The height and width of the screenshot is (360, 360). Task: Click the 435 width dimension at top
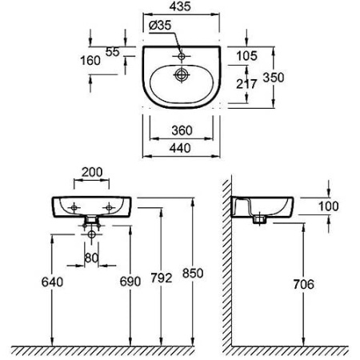tap(180, 6)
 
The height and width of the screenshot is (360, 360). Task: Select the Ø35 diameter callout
tap(160, 26)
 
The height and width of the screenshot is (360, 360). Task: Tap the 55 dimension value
tap(113, 52)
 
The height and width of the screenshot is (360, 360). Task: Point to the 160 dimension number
tap(90, 61)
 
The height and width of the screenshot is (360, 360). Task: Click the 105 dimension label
tap(247, 56)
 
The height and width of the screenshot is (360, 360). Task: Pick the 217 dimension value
tap(246, 84)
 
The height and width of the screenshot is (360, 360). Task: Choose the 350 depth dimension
tap(274, 78)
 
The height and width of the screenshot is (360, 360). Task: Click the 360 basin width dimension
tap(182, 130)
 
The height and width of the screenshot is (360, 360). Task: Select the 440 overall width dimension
tap(180, 148)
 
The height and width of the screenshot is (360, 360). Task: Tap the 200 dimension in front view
tap(92, 172)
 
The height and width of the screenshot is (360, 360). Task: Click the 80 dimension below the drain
tap(91, 258)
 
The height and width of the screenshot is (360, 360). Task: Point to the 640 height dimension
tap(52, 282)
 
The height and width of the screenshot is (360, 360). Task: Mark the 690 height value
tap(130, 282)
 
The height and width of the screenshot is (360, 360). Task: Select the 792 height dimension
tap(162, 278)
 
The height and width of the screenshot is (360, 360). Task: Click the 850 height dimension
tap(193, 273)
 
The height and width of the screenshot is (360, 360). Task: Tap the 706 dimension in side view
tap(304, 284)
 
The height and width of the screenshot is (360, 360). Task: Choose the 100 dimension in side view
tap(329, 206)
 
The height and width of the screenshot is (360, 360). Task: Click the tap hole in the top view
tap(182, 56)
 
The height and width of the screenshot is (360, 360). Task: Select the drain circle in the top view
tap(182, 74)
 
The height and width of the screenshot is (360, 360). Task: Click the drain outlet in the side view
tap(259, 220)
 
